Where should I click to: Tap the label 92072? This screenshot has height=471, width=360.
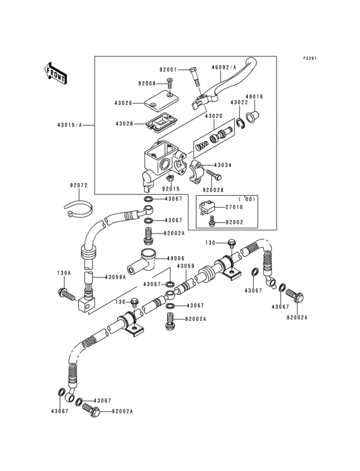pos(78,186)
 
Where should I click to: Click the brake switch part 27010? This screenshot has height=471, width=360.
pos(208,208)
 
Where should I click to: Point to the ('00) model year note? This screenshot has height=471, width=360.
pos(247,199)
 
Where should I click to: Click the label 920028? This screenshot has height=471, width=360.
pos(214,189)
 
